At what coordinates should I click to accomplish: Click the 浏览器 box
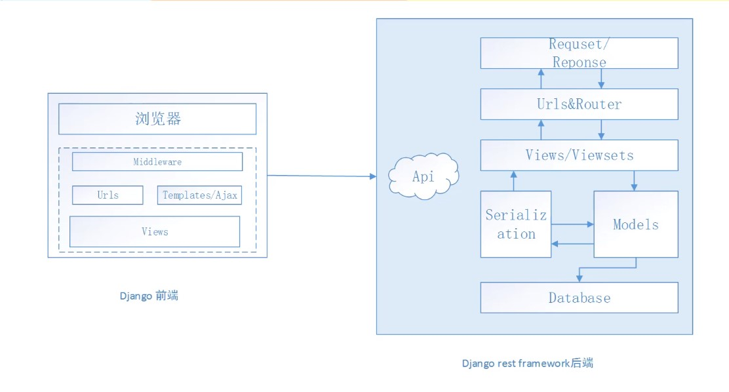(x=157, y=119)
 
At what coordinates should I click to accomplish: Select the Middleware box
(x=157, y=161)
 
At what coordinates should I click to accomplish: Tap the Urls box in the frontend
(x=108, y=195)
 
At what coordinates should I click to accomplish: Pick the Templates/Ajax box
(x=199, y=195)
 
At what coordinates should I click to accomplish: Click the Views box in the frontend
(x=155, y=231)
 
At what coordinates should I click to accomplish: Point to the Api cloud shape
(x=424, y=176)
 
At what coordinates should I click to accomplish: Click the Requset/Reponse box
(x=579, y=53)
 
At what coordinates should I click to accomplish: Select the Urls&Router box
(x=579, y=104)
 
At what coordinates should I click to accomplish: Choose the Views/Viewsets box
(x=579, y=155)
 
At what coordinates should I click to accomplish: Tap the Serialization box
(x=516, y=224)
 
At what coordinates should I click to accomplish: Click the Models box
(x=635, y=224)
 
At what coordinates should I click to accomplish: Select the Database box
(x=579, y=298)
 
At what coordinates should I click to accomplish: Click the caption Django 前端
(x=149, y=296)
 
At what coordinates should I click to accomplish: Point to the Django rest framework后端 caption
(x=527, y=363)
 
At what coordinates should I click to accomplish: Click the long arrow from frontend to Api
(x=321, y=176)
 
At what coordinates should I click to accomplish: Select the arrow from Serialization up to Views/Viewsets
(x=514, y=182)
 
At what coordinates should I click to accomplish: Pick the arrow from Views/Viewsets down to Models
(x=634, y=181)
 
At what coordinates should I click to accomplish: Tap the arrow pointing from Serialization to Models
(x=572, y=224)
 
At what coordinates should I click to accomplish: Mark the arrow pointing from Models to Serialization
(x=572, y=244)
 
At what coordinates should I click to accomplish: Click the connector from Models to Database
(x=606, y=267)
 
